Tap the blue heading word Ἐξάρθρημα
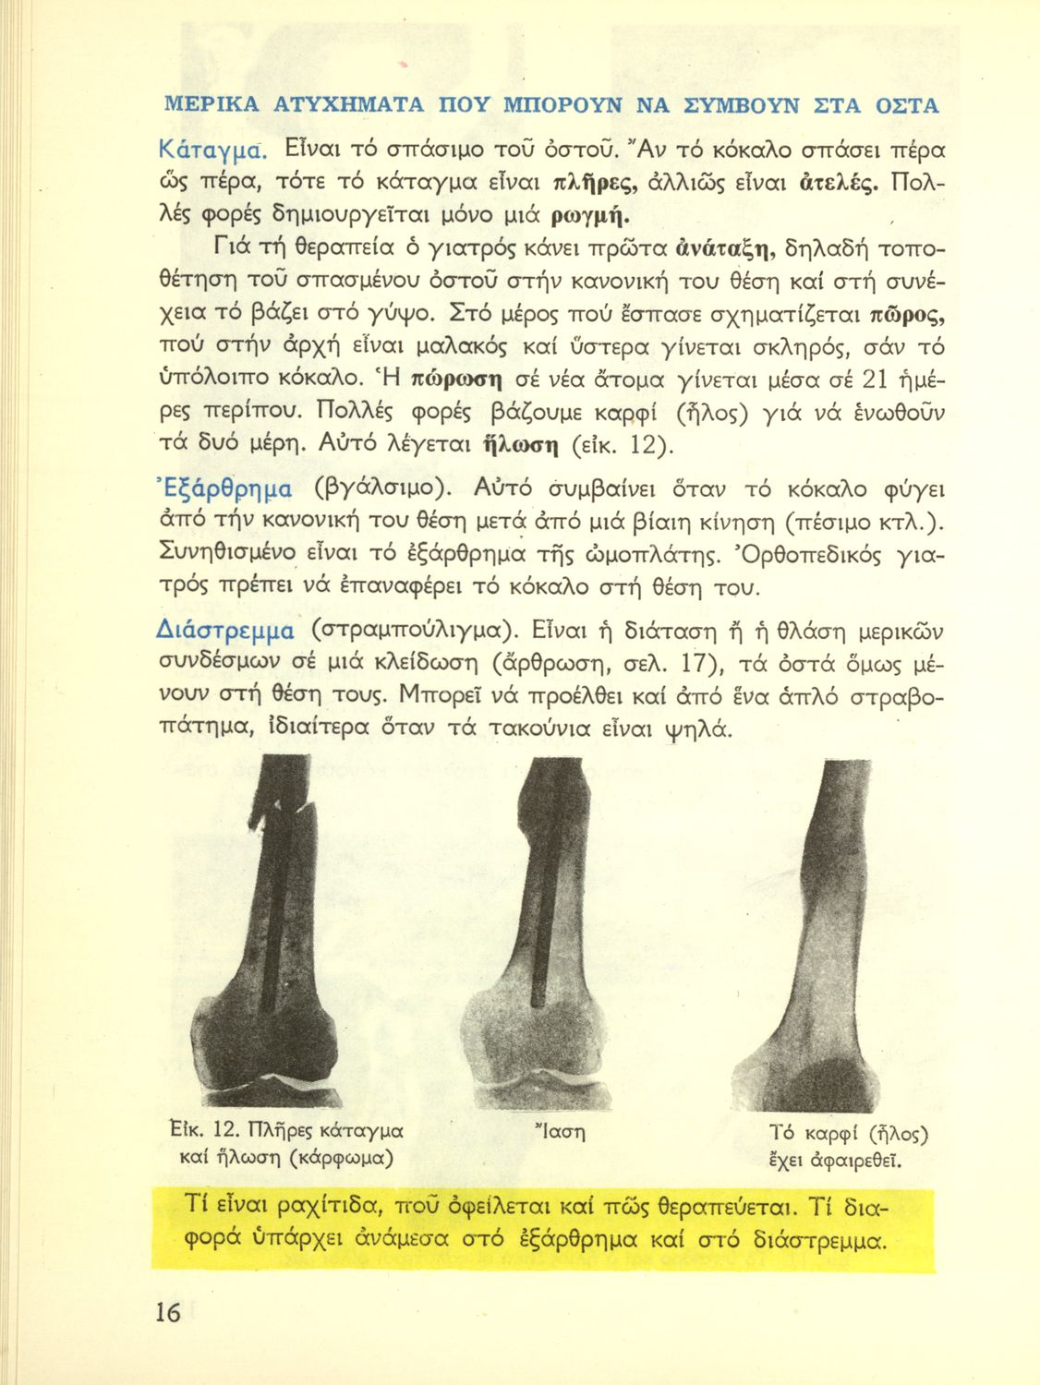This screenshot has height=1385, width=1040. pyautogui.click(x=225, y=488)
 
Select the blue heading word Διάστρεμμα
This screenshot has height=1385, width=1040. pyautogui.click(x=227, y=632)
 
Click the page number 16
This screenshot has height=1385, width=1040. pyautogui.click(x=167, y=1312)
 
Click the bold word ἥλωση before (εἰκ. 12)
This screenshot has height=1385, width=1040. pyautogui.click(x=521, y=445)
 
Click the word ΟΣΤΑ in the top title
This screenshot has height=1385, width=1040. pyautogui.click(x=902, y=105)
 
